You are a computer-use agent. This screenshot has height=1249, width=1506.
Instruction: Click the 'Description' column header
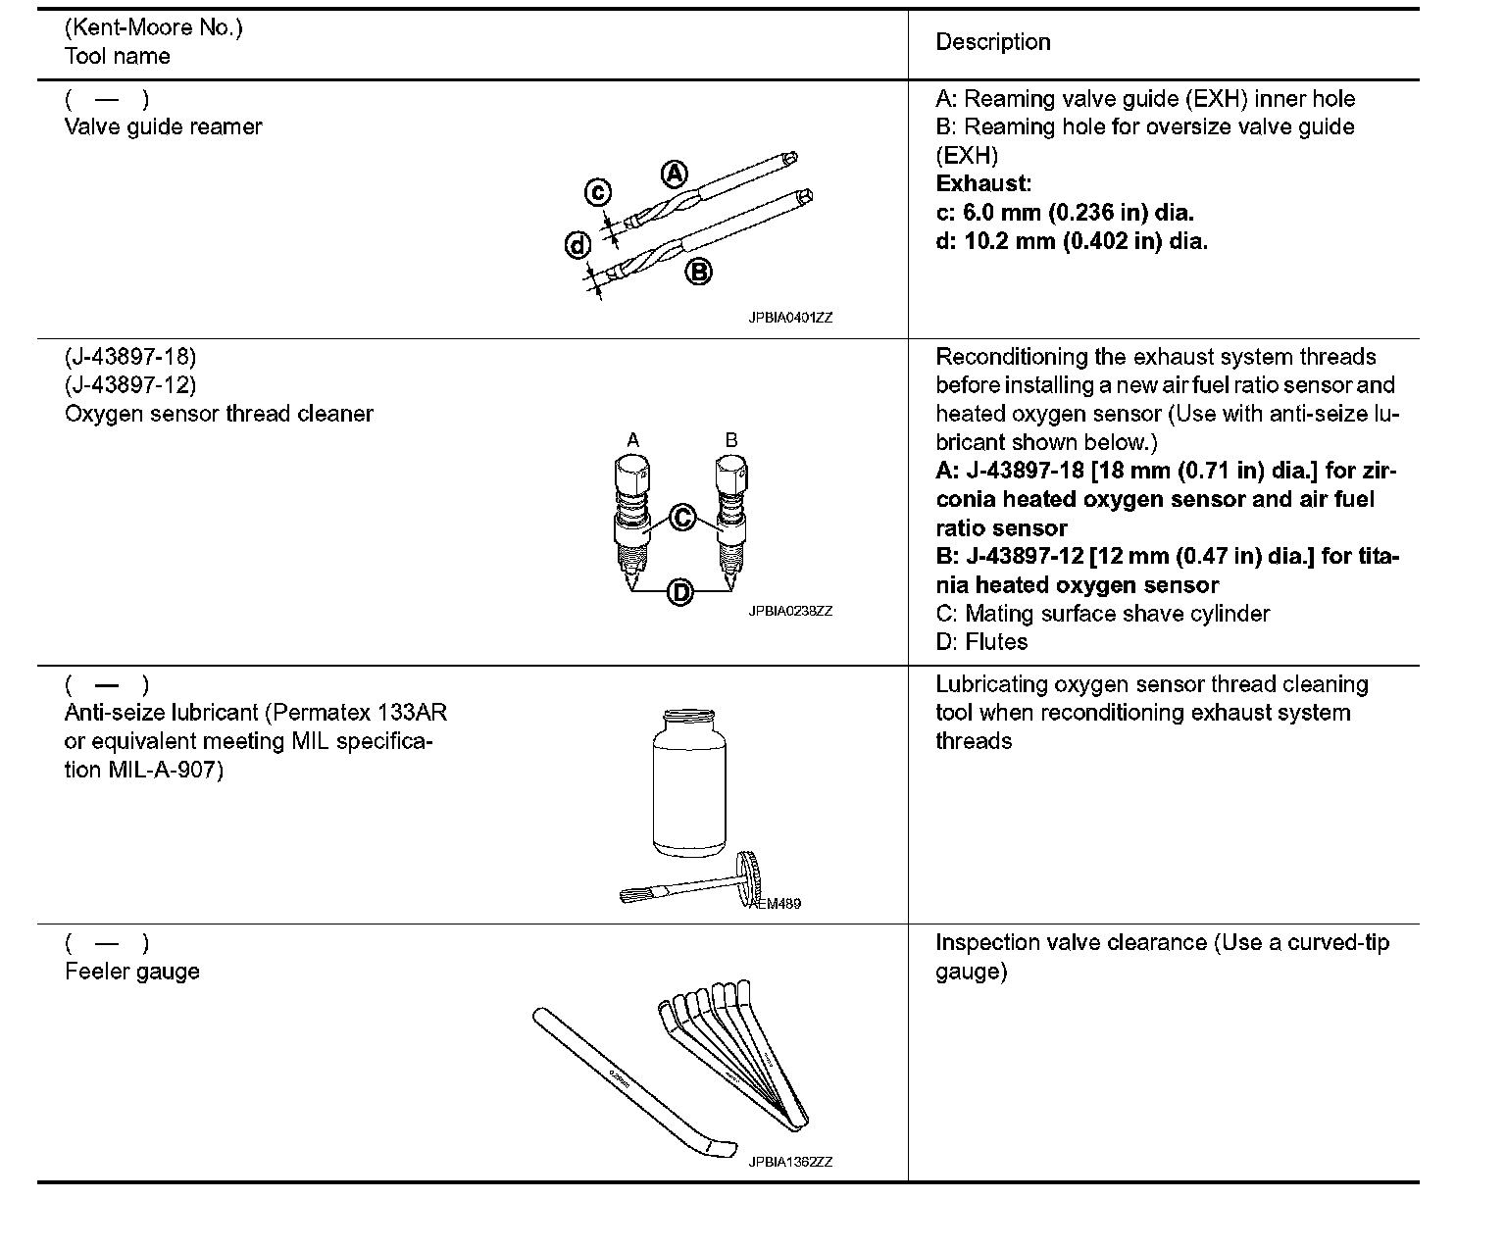[992, 42]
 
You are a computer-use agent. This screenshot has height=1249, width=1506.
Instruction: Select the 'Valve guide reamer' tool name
[164, 126]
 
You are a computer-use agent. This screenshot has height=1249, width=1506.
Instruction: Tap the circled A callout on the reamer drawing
[676, 174]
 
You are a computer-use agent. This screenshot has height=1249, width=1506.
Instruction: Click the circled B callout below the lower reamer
[698, 271]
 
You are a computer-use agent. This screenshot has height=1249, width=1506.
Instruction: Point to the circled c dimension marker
[598, 193]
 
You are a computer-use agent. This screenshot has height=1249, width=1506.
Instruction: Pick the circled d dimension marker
[578, 245]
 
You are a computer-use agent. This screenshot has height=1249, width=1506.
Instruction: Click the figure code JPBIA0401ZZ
[790, 318]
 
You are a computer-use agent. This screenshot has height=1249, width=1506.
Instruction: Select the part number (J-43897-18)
[130, 356]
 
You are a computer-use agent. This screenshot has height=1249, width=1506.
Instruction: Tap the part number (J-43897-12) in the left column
[130, 384]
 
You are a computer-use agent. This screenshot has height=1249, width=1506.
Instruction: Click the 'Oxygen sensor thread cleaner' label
[219, 414]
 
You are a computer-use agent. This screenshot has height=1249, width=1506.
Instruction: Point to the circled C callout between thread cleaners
[682, 517]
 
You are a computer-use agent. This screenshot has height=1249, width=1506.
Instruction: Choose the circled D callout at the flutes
[680, 592]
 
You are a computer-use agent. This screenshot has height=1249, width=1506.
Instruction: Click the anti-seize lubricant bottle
[689, 784]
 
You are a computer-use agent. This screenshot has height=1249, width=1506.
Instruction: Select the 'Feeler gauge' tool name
[132, 972]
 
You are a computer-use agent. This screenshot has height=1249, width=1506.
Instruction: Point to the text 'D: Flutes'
[981, 642]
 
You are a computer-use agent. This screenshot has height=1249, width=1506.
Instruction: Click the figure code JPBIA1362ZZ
[790, 1162]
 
